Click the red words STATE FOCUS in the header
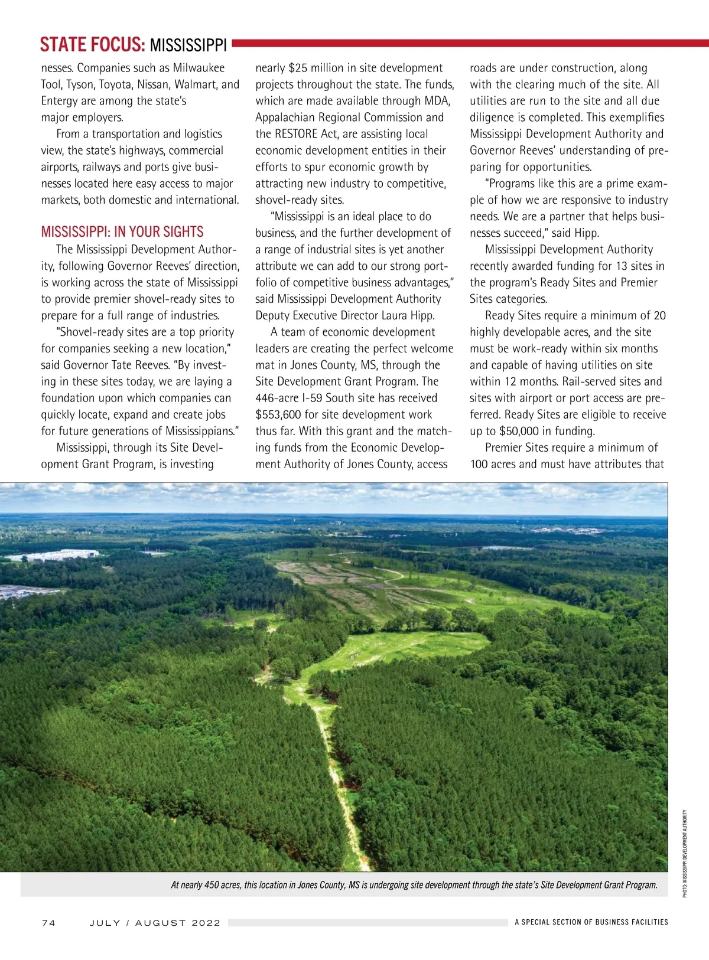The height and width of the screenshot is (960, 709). coord(92,45)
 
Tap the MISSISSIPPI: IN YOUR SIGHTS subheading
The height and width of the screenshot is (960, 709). coord(122,231)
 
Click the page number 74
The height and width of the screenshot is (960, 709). coord(48,923)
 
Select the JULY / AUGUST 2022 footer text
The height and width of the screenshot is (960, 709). coord(155,923)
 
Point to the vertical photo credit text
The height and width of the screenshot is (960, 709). coord(685,853)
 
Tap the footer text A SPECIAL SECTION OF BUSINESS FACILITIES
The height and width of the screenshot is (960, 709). coord(591,922)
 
